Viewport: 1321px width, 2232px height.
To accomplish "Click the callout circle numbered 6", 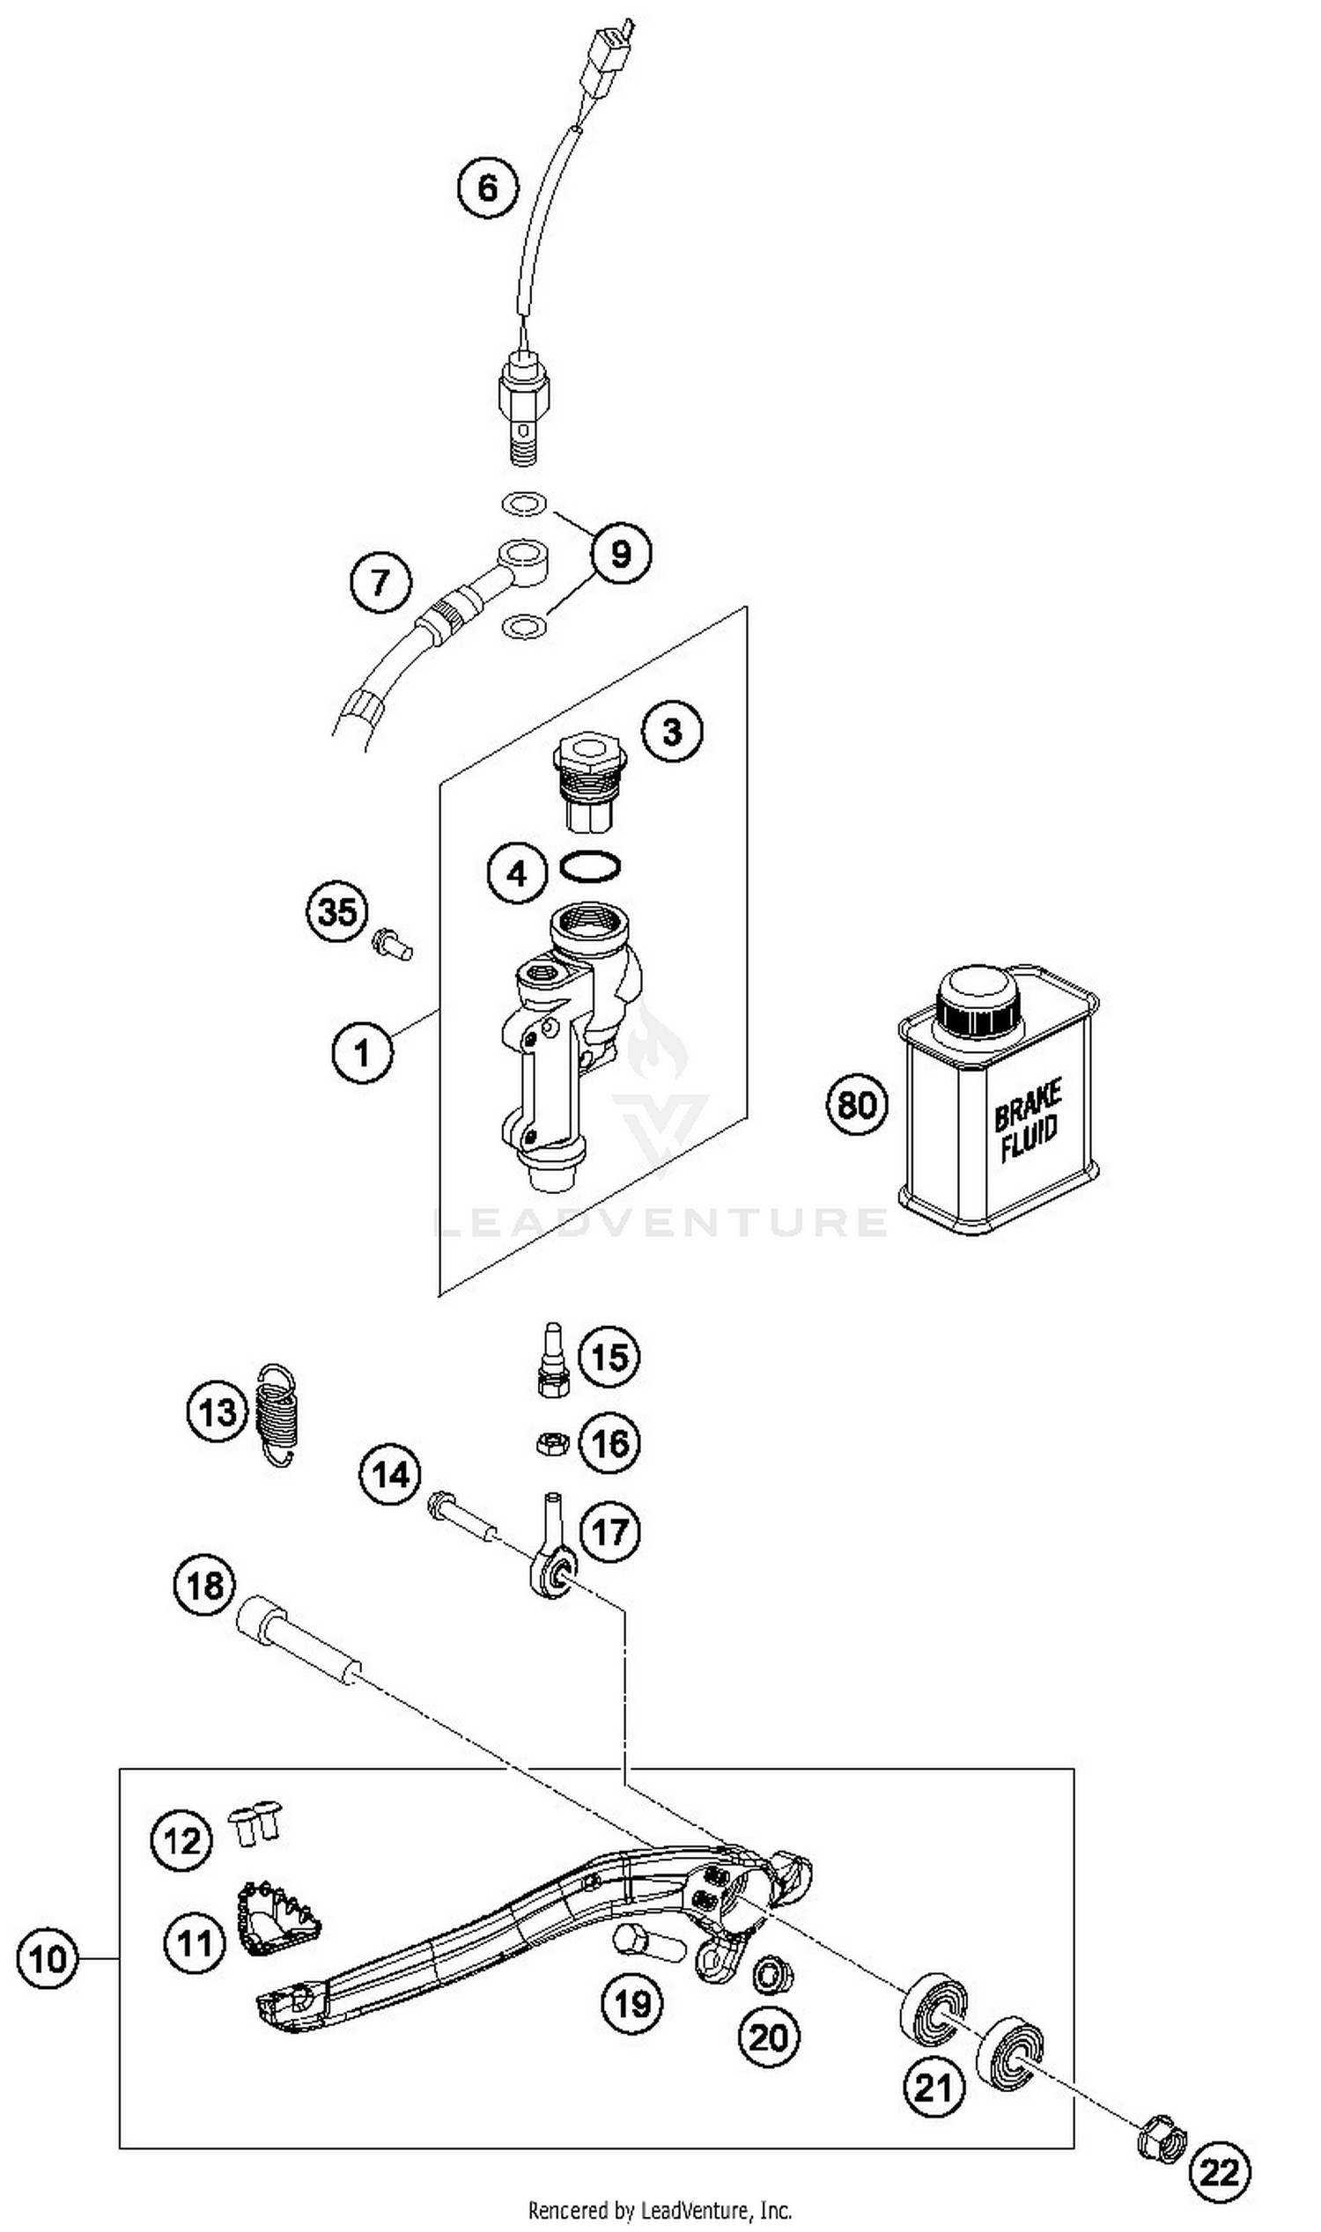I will point(488,188).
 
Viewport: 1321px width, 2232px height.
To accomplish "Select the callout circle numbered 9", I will point(621,554).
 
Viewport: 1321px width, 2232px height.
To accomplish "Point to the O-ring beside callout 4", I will point(590,866).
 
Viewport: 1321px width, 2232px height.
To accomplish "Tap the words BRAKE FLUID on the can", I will point(1027,1122).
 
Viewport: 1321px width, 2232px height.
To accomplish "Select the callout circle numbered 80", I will point(857,1105).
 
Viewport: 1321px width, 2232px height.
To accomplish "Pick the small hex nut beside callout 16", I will point(552,1442).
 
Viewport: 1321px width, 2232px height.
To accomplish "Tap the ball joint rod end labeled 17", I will point(553,1569).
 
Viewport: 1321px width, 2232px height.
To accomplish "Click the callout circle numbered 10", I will point(48,1959).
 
